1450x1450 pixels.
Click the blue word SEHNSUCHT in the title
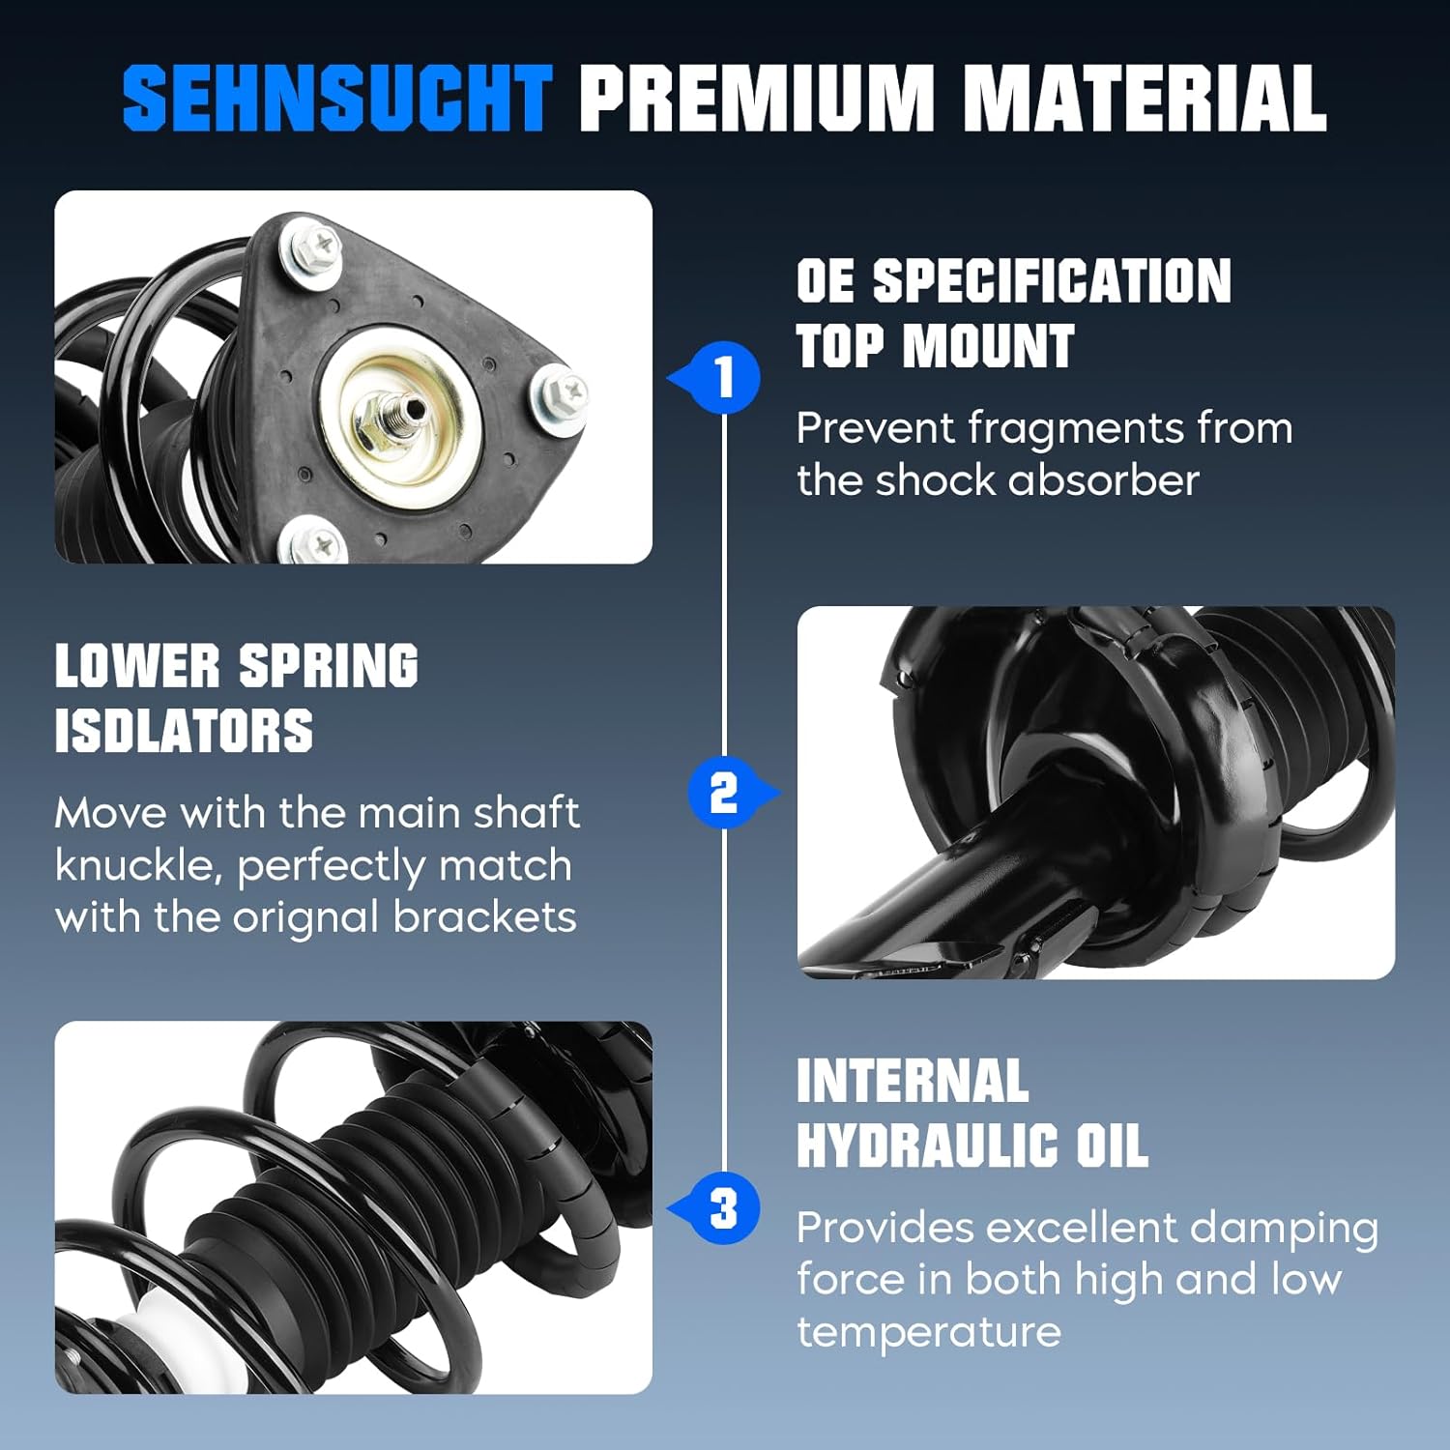pos(336,98)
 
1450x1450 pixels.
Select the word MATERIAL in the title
pos(1145,98)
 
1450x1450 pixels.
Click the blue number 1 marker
pos(724,377)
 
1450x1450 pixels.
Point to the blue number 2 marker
pos(724,794)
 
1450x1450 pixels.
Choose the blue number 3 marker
pos(724,1208)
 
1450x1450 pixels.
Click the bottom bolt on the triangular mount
pos(315,543)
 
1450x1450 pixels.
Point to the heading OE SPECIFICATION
pos(1013,281)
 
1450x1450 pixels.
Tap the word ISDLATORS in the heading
pos(184,731)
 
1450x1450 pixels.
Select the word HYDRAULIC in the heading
pos(928,1145)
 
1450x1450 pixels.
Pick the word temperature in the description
pos(928,1332)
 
